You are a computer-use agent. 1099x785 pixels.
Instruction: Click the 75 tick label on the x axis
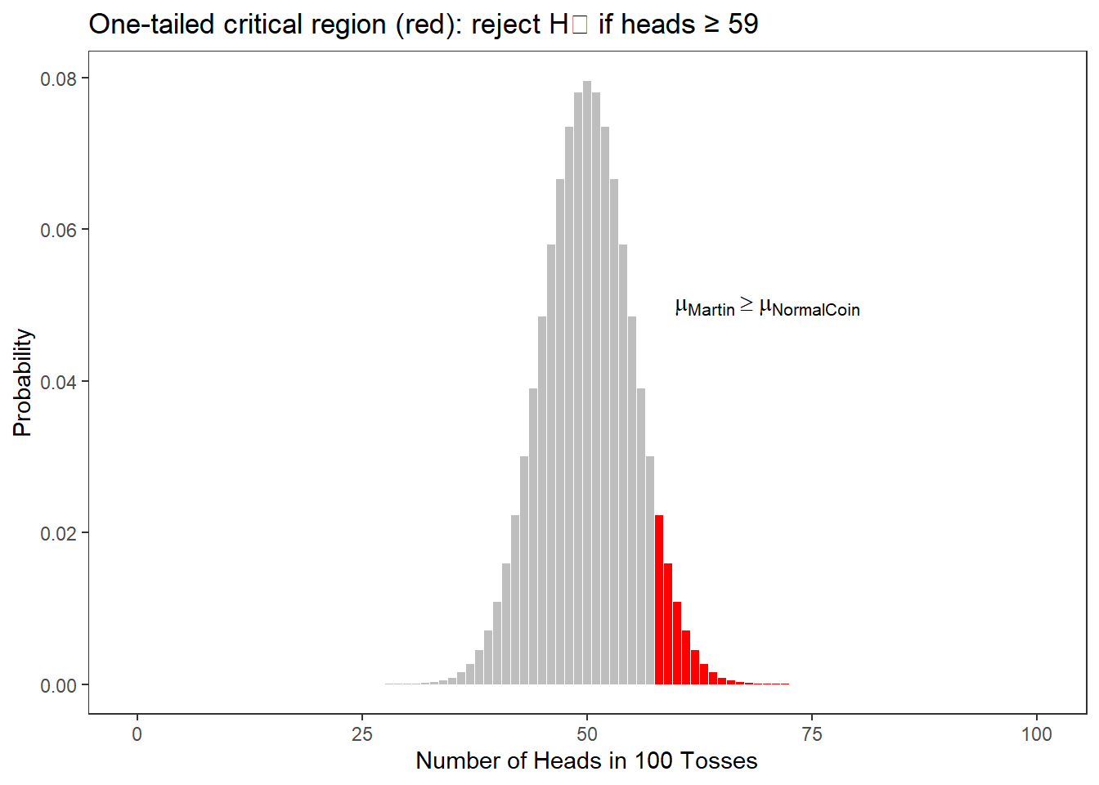pyautogui.click(x=812, y=734)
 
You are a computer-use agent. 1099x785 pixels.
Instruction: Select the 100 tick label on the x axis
pyautogui.click(x=1036, y=734)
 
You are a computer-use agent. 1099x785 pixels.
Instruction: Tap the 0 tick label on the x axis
pyautogui.click(x=137, y=734)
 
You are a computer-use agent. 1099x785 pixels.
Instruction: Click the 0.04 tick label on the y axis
pyautogui.click(x=59, y=382)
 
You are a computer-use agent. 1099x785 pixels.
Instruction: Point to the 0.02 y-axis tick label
pyautogui.click(x=59, y=533)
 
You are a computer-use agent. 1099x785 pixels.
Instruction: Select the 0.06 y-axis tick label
pyautogui.click(x=59, y=231)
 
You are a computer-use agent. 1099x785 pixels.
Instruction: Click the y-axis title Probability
pyautogui.click(x=23, y=383)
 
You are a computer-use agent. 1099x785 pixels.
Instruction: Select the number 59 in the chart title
pyautogui.click(x=742, y=25)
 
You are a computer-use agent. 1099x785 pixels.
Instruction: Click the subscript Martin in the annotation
pyautogui.click(x=711, y=311)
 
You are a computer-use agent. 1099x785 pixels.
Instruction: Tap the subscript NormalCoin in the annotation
pyautogui.click(x=816, y=311)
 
